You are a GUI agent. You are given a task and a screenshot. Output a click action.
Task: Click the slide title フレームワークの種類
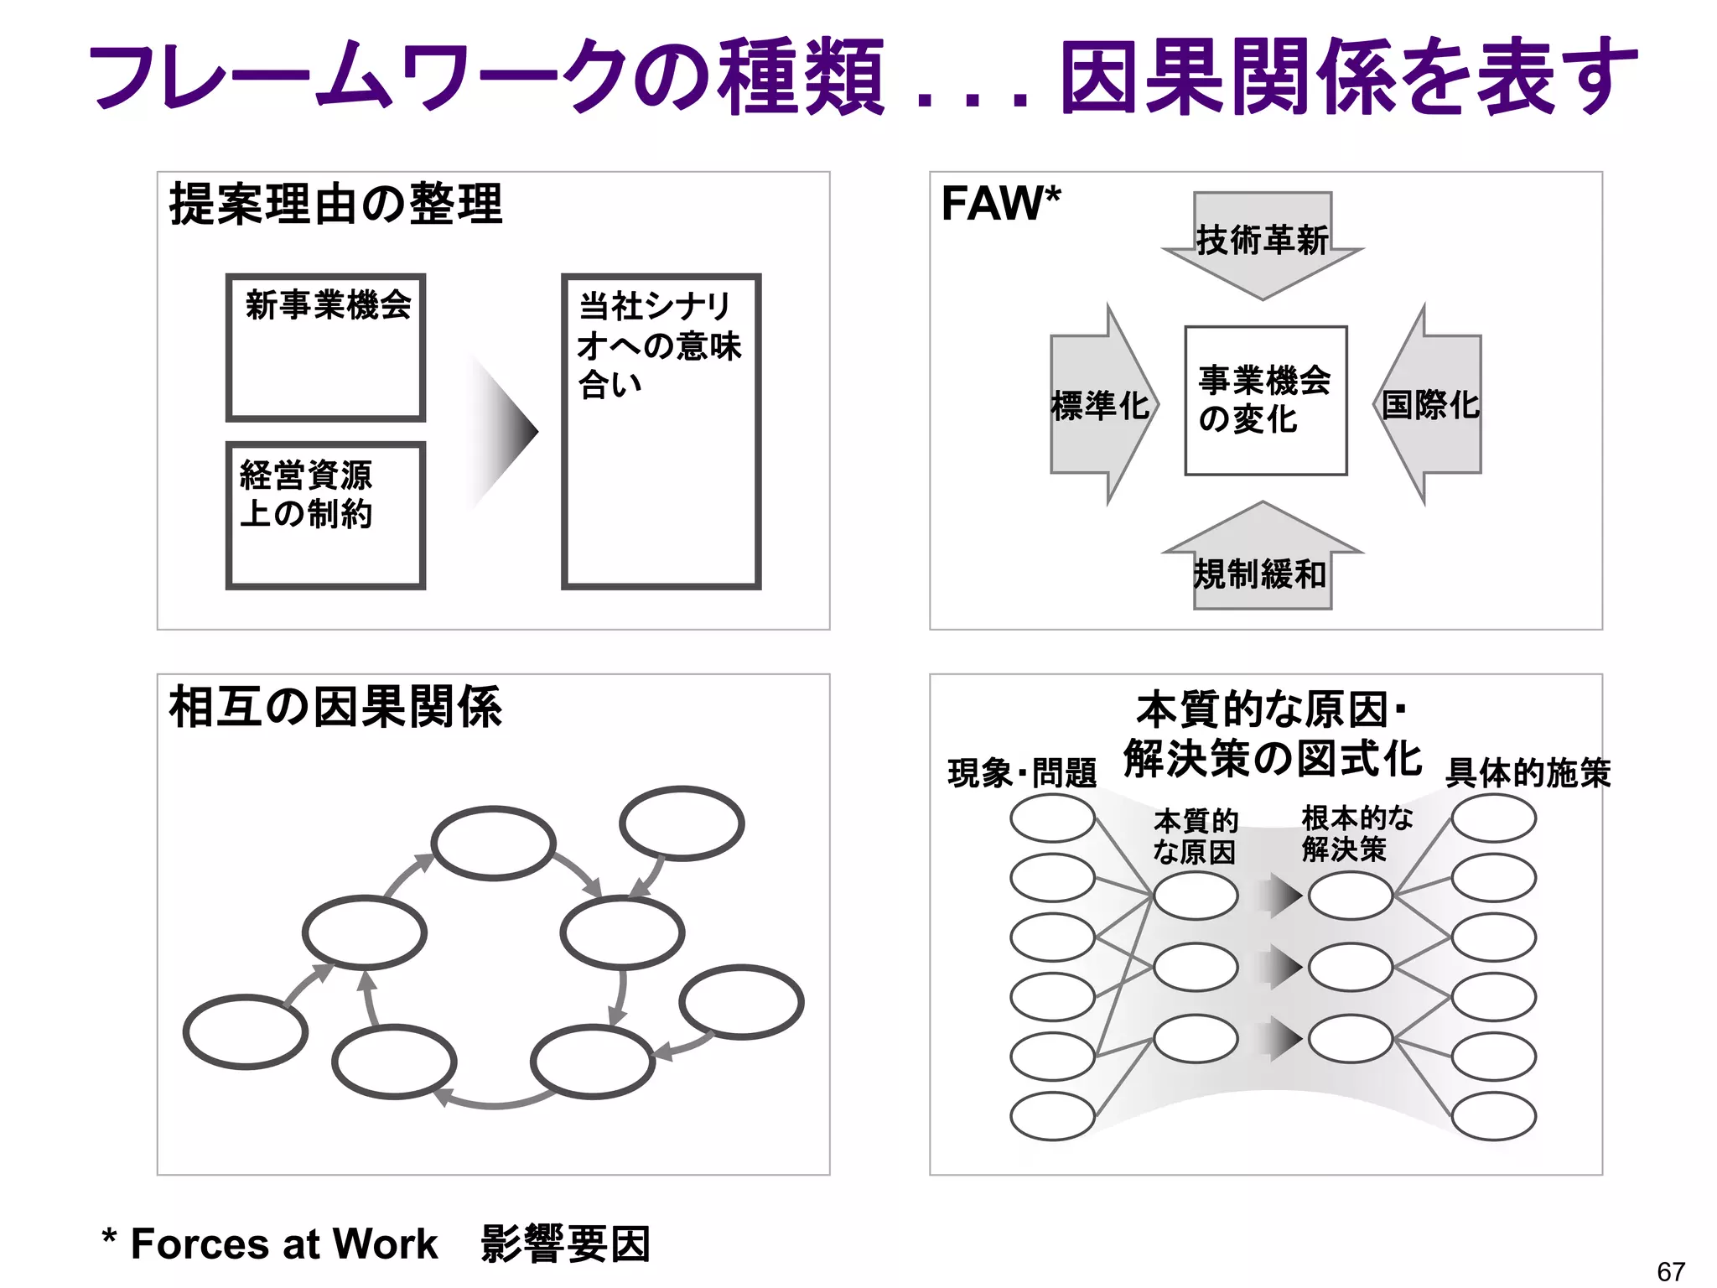tap(486, 77)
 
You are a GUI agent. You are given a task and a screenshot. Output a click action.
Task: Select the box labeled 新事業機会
tap(326, 346)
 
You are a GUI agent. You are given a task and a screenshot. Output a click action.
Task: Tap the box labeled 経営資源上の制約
tap(326, 515)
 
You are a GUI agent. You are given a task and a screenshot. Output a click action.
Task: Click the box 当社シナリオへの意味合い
tap(661, 431)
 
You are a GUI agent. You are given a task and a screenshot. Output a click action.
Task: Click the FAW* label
tap(1000, 204)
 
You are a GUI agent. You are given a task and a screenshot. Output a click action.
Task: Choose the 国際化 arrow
tap(1429, 405)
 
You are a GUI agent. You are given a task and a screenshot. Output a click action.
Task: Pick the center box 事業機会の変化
tap(1265, 400)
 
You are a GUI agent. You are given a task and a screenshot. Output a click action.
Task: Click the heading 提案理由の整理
tap(335, 204)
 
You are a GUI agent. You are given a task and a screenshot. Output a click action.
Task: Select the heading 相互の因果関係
tap(335, 707)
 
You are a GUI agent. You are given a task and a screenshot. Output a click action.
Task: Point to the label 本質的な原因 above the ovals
tap(1196, 836)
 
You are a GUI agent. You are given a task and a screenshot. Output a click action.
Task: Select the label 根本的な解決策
tap(1356, 834)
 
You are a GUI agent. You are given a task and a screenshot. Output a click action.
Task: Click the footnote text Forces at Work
tap(284, 1244)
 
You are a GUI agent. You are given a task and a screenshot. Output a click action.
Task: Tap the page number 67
tap(1670, 1271)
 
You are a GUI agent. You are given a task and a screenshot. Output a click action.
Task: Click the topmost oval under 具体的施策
tap(1493, 818)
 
